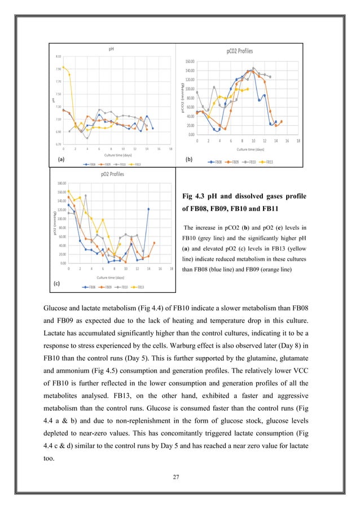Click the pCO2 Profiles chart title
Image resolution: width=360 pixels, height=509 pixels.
[238, 51]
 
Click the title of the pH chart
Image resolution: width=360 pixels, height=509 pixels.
[112, 49]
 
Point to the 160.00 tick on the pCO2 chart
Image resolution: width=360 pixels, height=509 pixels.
[190, 62]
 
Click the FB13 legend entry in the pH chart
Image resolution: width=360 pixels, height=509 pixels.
[136, 165]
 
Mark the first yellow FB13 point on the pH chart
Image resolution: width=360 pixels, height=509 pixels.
[63, 67]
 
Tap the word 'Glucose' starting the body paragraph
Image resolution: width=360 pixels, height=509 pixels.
[56, 306]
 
